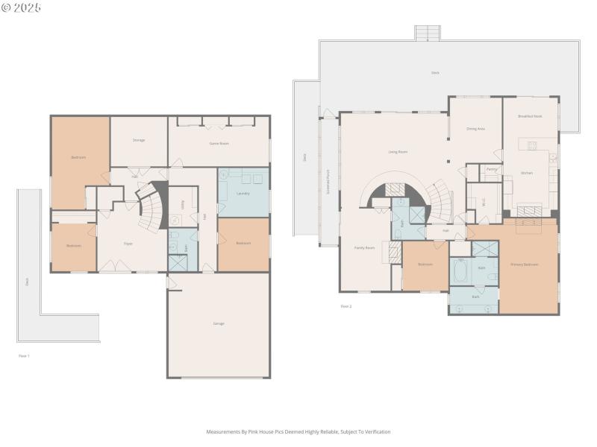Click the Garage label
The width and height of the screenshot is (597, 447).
click(219, 323)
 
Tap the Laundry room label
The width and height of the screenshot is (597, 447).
click(243, 194)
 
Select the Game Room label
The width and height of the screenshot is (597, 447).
click(219, 142)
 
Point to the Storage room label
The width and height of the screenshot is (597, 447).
click(139, 140)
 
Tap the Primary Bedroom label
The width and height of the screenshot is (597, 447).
click(524, 264)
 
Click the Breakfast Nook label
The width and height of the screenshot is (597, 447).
click(530, 117)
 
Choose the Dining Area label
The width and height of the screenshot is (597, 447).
click(476, 129)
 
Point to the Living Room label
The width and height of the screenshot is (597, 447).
click(398, 152)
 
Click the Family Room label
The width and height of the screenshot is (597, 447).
click(364, 247)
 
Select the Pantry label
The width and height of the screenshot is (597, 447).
click(491, 169)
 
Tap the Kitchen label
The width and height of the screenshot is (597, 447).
click(527, 173)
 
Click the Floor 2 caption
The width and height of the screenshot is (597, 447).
click(346, 306)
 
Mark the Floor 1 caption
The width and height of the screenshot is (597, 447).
click(24, 356)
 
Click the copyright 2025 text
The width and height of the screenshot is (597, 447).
click(22, 7)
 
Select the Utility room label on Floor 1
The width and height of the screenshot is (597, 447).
click(181, 205)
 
